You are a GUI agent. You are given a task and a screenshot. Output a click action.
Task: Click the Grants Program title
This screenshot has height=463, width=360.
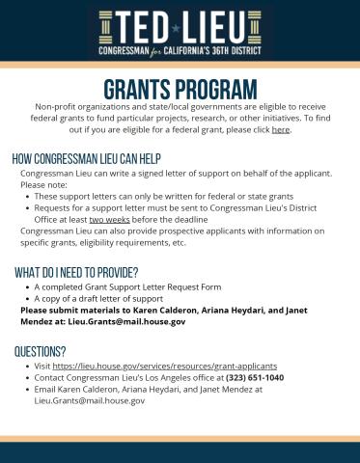180,89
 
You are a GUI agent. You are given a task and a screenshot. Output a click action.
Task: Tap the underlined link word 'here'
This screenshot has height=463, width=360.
280,129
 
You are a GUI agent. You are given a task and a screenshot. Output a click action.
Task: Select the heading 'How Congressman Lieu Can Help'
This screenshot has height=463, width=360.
86,158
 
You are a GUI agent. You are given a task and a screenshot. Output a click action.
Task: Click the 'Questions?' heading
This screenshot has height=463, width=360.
41,351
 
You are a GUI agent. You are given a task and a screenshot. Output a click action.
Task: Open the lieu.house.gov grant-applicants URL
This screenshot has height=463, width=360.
164,367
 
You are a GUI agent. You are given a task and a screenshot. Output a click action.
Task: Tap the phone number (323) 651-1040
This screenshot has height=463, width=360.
255,378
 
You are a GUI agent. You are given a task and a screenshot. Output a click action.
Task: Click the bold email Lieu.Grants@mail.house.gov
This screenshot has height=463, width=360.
126,321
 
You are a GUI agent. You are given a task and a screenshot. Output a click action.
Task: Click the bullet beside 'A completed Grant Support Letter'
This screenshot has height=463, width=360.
26,287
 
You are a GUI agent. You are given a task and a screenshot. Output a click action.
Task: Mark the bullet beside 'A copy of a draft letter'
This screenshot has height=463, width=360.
26,299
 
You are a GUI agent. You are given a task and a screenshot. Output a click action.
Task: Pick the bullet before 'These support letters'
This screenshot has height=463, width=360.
26,196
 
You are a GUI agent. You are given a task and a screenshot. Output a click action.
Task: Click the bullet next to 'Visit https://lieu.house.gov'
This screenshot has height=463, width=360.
26,367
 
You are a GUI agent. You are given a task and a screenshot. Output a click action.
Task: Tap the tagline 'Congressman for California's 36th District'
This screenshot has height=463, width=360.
180,50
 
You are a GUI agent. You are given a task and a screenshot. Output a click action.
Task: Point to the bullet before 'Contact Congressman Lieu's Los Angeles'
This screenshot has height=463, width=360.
26,378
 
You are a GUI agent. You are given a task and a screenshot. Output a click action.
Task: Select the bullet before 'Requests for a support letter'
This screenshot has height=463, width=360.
26,207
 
